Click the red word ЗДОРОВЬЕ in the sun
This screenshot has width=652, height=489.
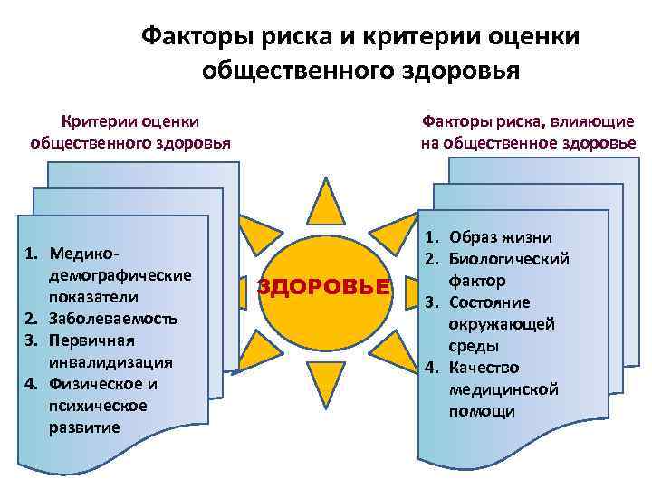tap(324, 287)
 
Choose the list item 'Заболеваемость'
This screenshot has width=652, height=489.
tap(114, 319)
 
